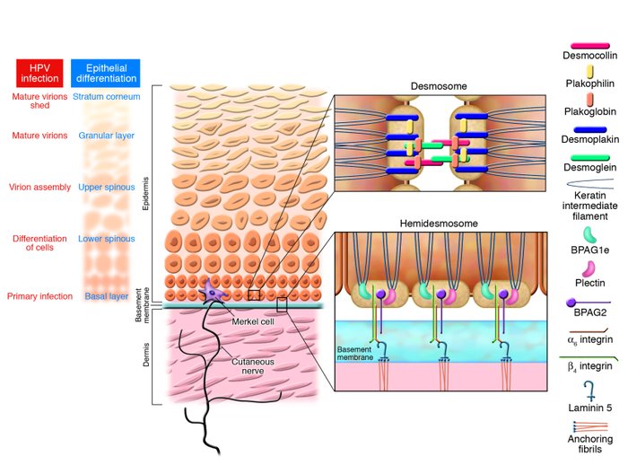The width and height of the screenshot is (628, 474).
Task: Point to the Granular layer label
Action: pyautogui.click(x=106, y=136)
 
